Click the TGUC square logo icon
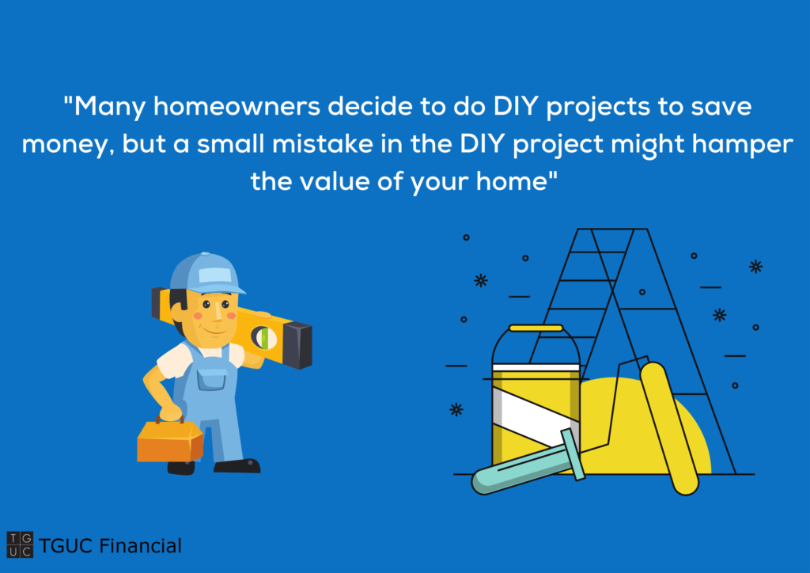[20, 545]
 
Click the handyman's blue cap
[206, 273]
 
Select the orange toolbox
[170, 440]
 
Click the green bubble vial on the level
[264, 339]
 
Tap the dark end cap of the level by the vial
[297, 345]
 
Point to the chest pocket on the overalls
[211, 380]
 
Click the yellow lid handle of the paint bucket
[536, 328]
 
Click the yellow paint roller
[669, 428]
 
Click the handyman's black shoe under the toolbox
[181, 468]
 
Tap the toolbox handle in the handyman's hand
[171, 419]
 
